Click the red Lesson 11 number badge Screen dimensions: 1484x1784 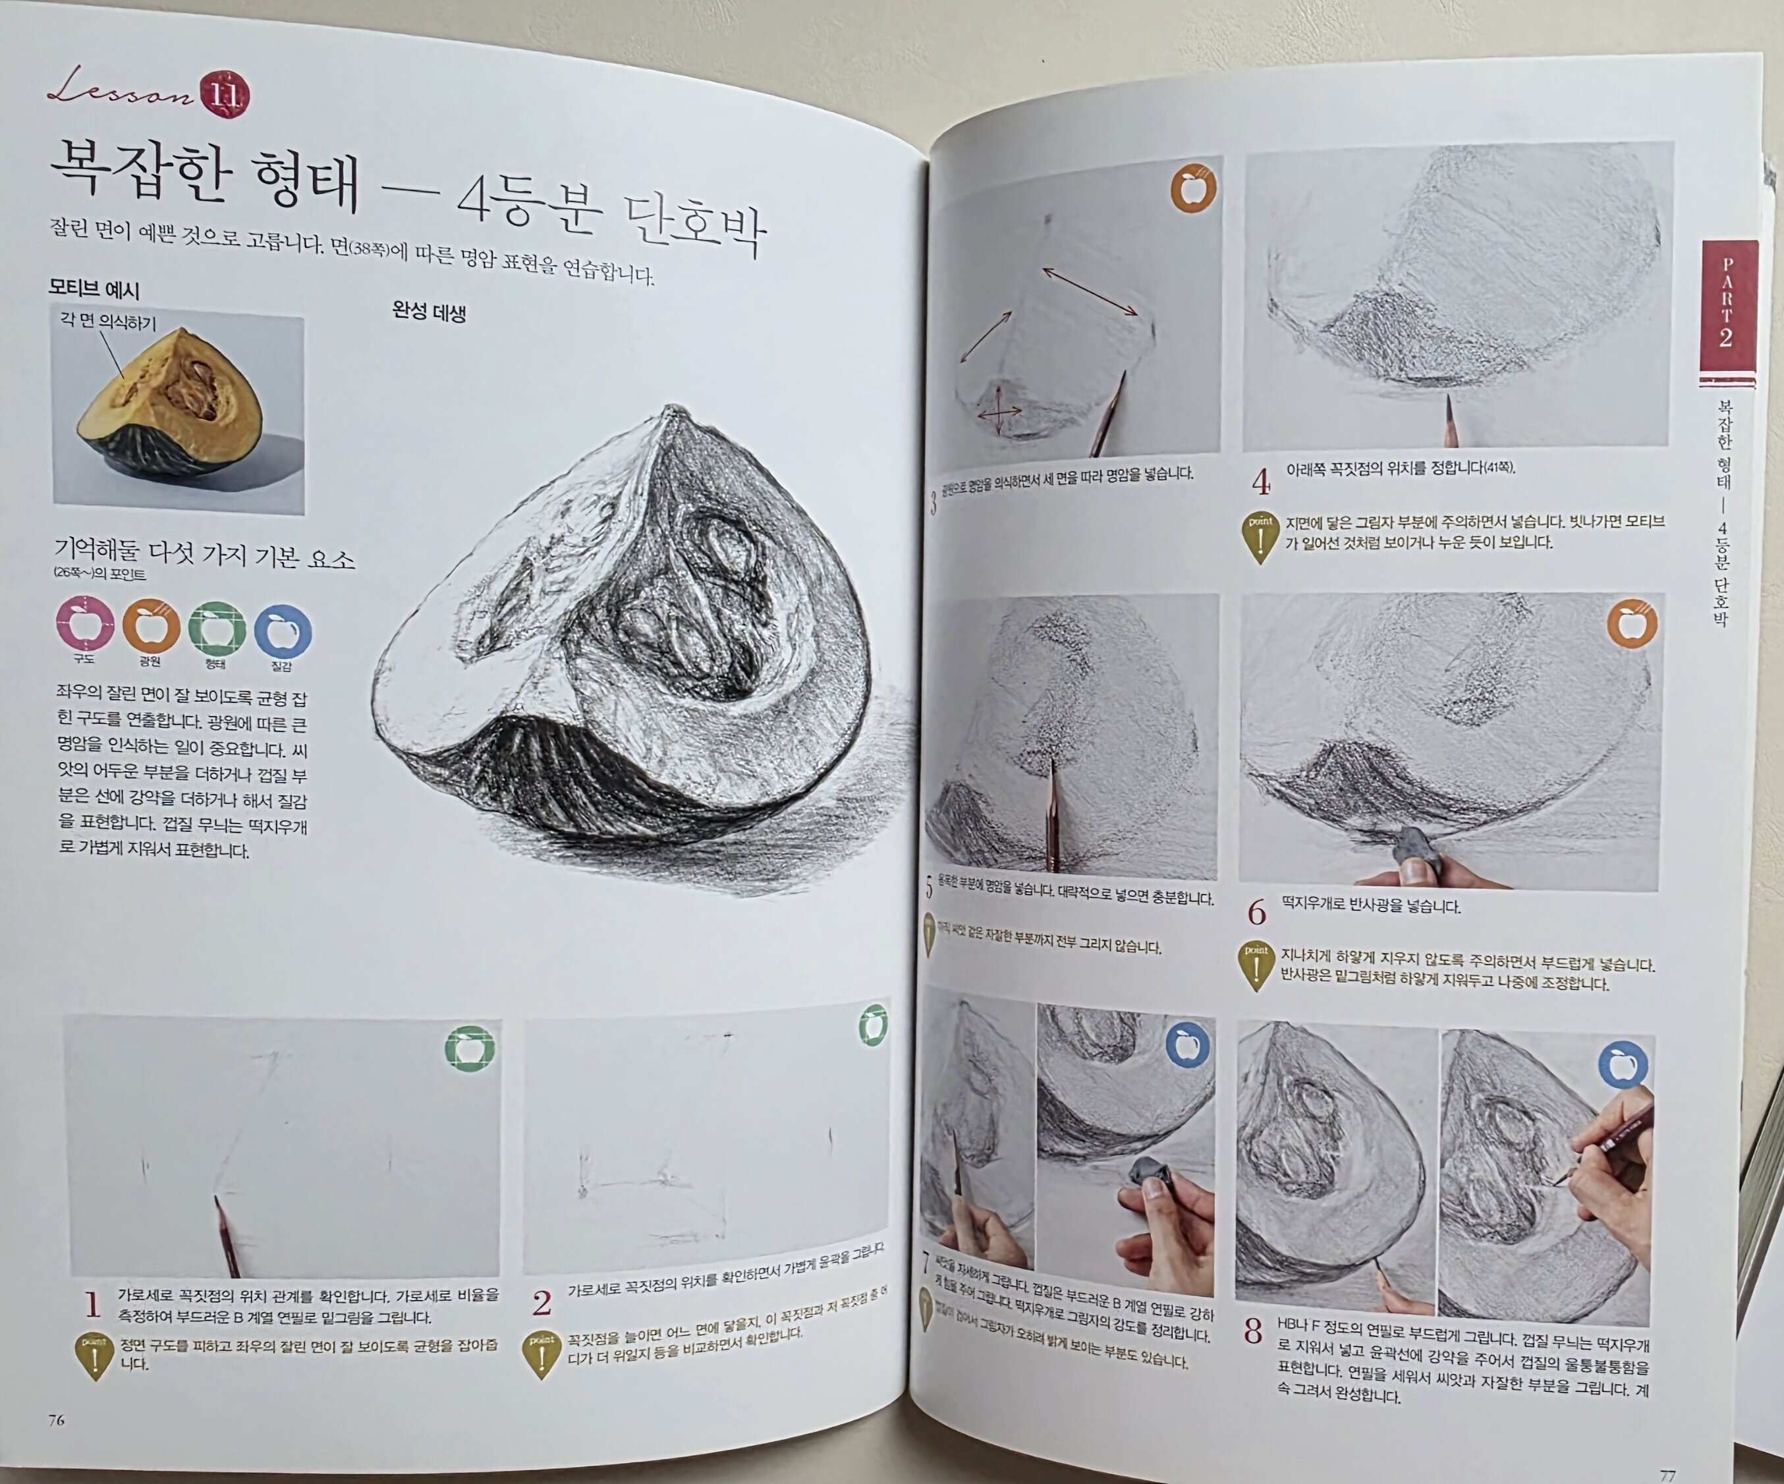[225, 94]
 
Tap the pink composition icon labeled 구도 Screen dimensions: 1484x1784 [84, 625]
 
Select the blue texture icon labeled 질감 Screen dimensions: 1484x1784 [283, 631]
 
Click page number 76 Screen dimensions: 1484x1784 [56, 1420]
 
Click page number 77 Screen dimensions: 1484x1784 [1667, 1475]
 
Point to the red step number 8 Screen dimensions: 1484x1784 [1253, 1331]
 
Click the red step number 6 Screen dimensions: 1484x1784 [1256, 913]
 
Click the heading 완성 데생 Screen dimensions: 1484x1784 [429, 311]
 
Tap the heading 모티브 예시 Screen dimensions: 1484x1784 [94, 289]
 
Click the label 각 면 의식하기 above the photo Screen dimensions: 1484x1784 [108, 322]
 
